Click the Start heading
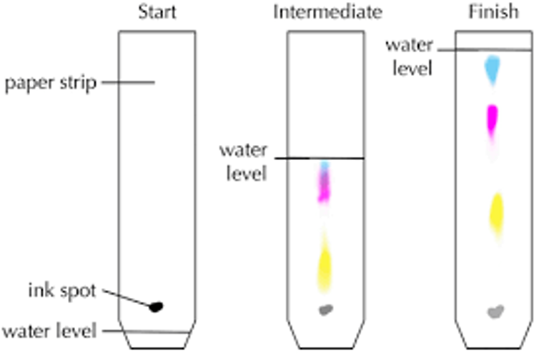157,12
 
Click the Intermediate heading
327,12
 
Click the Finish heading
494,12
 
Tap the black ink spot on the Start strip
156,307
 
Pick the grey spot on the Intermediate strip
326,310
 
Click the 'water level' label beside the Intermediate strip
243,161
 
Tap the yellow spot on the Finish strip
495,212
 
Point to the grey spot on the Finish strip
495,311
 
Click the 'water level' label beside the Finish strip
409,56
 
